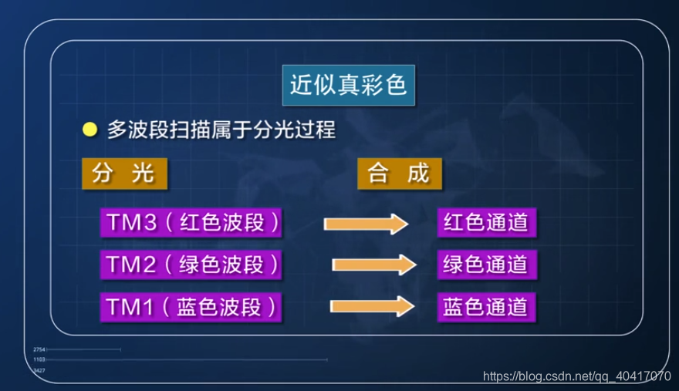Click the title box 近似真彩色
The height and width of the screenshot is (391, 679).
click(x=348, y=84)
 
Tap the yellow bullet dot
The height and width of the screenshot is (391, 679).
click(x=90, y=130)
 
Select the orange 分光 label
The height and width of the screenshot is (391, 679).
click(x=123, y=174)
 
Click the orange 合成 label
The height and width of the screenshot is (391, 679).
click(x=399, y=174)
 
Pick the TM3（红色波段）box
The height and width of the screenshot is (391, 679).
click(x=191, y=223)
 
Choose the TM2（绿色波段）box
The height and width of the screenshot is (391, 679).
click(x=191, y=265)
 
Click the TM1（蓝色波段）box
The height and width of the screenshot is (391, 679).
click(x=191, y=307)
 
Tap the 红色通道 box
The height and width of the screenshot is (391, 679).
click(x=485, y=223)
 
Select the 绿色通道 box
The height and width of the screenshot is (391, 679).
click(x=485, y=265)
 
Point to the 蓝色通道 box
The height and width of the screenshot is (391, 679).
click(x=485, y=307)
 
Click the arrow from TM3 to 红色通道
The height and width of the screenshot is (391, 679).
click(x=366, y=224)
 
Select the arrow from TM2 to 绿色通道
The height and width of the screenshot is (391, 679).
click(x=373, y=265)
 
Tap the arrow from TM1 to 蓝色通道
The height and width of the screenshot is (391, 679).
click(x=372, y=306)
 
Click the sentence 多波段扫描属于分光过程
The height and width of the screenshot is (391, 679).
click(x=221, y=130)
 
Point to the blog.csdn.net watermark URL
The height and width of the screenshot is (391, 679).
click(x=576, y=376)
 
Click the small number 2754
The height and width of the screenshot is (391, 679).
click(x=39, y=350)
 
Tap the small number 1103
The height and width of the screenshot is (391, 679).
click(x=39, y=360)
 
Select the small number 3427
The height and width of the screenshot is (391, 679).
click(x=39, y=371)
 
